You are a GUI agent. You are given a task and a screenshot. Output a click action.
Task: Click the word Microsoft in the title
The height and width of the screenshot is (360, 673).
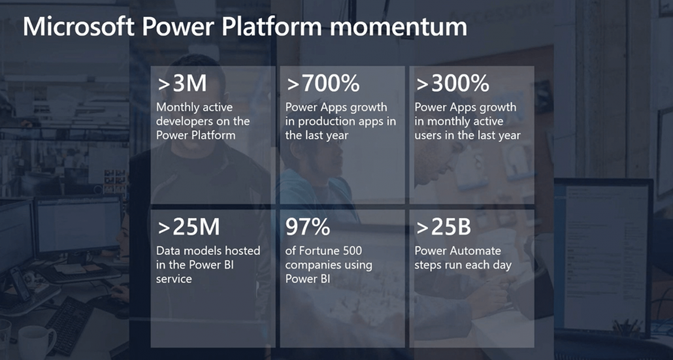pos(79,27)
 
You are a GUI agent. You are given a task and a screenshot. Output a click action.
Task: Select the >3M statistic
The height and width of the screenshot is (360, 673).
pos(182,84)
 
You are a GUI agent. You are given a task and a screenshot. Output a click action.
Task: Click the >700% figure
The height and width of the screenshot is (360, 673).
pos(323,84)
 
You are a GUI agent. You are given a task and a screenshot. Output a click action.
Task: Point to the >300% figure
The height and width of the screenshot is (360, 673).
pos(452,84)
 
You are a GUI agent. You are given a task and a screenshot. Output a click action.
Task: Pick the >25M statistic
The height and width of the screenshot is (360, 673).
pos(188,227)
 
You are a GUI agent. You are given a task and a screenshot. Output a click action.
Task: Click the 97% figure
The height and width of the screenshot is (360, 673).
pos(308,227)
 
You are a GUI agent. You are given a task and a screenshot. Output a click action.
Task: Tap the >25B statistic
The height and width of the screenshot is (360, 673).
pos(443,227)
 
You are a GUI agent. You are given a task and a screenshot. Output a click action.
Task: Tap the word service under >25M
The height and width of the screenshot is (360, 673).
pos(174,279)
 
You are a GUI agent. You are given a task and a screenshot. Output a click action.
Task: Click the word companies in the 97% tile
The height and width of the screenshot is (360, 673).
pos(312,265)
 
